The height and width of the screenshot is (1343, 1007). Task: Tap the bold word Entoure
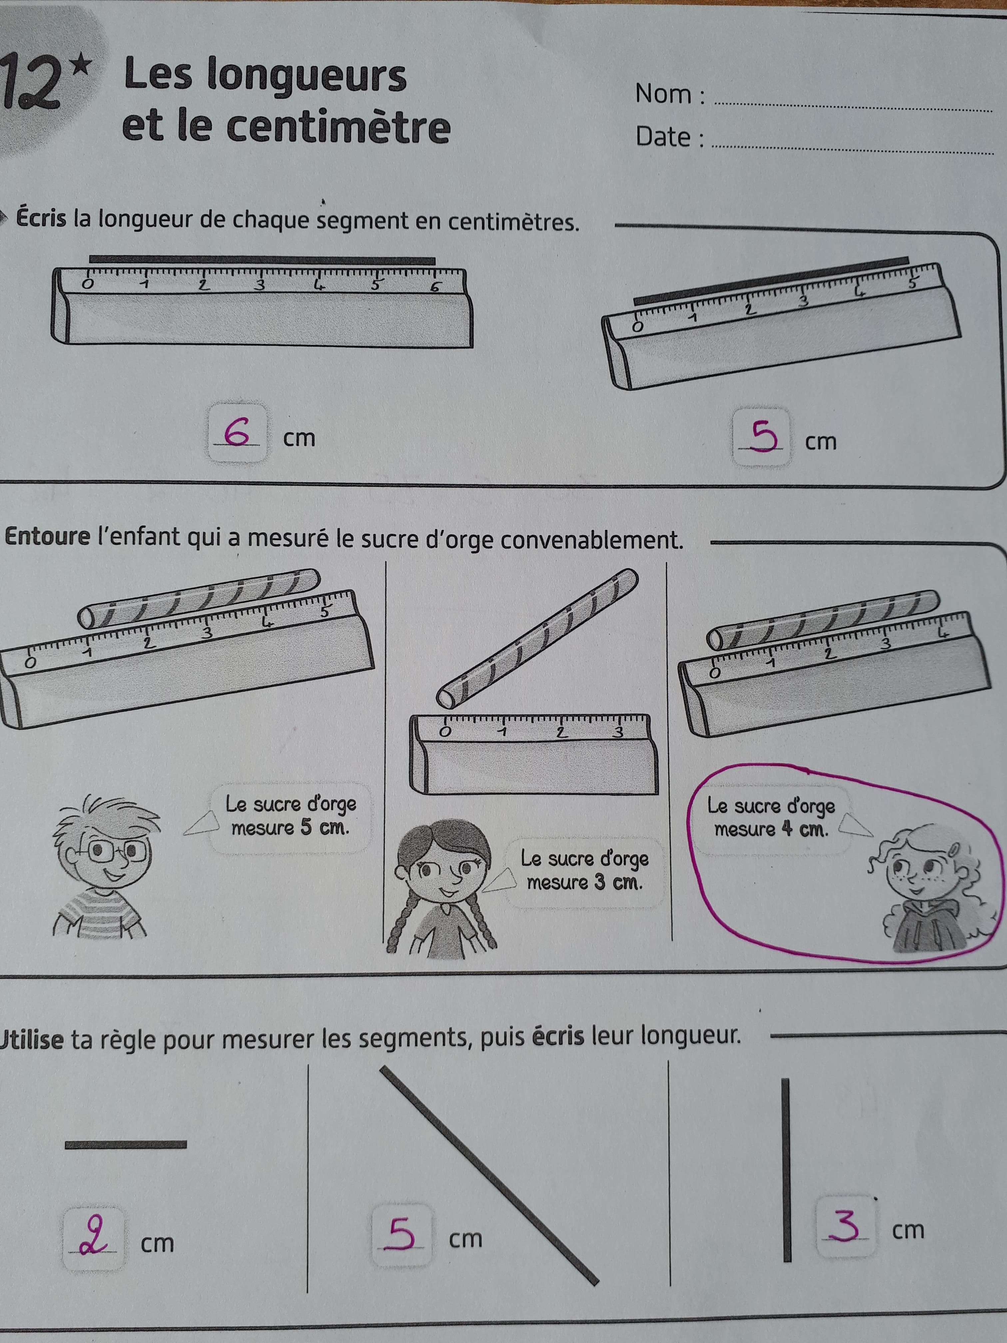tap(47, 537)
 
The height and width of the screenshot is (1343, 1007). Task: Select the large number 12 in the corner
tap(33, 82)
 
